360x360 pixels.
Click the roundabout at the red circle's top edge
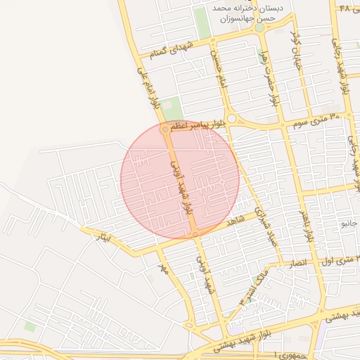click(x=165, y=129)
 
